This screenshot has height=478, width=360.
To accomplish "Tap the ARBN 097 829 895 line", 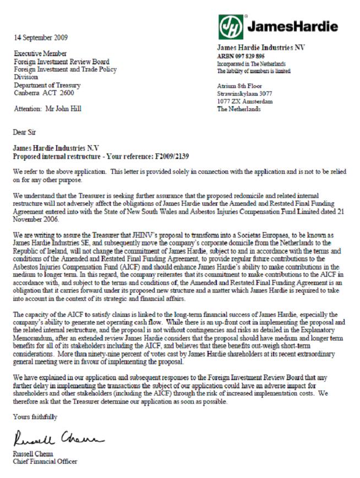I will (241, 56).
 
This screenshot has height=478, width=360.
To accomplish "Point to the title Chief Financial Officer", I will (45, 461).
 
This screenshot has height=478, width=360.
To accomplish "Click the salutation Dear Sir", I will (25, 133).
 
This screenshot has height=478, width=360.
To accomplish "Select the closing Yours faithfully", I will (35, 417).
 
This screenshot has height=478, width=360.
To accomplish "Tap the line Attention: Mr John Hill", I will (47, 108).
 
